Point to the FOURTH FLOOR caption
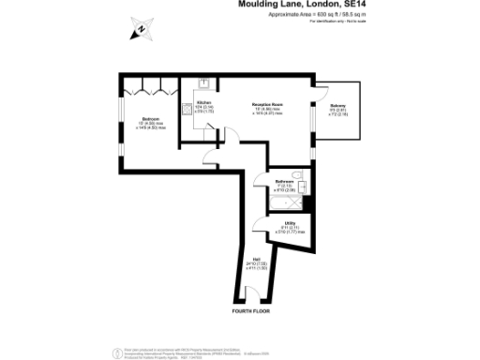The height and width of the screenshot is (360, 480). tap(251, 309)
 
